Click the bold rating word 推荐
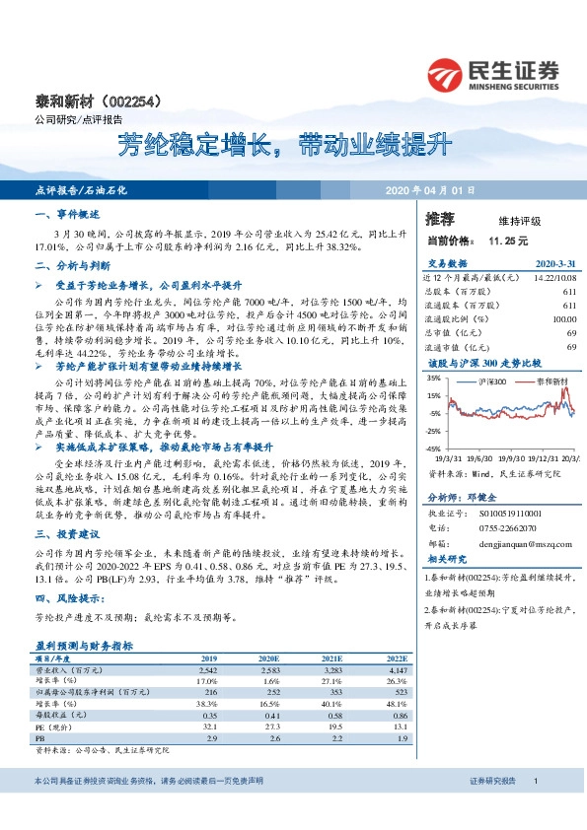[x=440, y=219]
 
